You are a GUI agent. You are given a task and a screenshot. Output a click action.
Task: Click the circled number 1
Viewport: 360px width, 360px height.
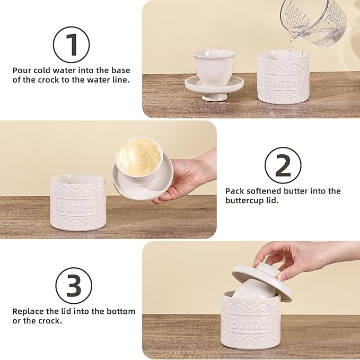[x=72, y=44]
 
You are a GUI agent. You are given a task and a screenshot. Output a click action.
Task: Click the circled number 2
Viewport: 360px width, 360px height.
[x=283, y=165]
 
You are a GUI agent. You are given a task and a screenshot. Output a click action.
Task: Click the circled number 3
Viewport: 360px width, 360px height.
[x=74, y=285]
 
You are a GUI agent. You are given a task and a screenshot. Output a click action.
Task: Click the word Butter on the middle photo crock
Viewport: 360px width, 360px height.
[x=74, y=206]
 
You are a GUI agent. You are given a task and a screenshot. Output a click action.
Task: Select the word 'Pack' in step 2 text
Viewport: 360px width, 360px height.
[x=234, y=191]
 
